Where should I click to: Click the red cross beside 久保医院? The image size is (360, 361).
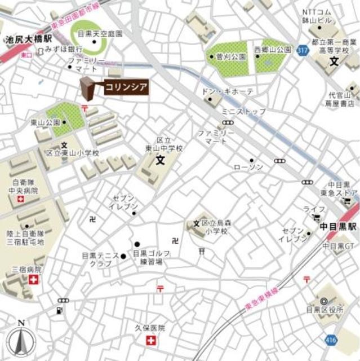150,340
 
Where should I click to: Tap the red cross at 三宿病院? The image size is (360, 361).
34,280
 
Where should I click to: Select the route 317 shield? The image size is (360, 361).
287,51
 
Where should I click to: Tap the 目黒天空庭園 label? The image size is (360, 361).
100,34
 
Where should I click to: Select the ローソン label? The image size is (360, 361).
248,168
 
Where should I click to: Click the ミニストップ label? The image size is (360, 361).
243,112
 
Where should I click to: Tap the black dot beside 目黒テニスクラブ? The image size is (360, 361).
123,257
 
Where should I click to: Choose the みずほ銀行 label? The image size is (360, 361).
64,50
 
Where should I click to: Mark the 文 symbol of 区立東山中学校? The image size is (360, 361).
159,160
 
